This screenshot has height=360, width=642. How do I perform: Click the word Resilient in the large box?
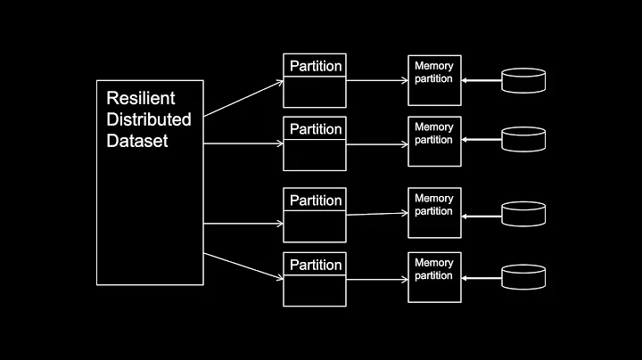tap(140, 98)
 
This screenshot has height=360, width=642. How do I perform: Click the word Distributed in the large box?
tap(149, 119)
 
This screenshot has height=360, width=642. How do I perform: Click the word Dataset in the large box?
tap(137, 141)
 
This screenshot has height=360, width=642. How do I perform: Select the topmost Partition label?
tap(316, 66)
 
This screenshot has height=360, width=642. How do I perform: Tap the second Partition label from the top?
tap(316, 129)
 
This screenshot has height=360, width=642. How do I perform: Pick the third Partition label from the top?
tap(316, 200)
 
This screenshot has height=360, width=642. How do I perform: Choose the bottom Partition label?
tap(316, 265)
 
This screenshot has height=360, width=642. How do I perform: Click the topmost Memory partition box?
tap(434, 72)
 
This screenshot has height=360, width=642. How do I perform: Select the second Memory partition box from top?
tap(434, 134)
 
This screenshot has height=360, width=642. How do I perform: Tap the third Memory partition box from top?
tap(434, 205)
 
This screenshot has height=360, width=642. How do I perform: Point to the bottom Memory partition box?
tap(434, 269)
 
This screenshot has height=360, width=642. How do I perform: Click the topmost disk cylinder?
tap(523, 81)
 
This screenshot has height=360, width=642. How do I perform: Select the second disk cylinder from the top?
tap(523, 140)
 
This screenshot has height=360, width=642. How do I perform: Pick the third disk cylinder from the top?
tap(523, 214)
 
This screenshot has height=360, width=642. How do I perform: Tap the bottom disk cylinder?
tap(523, 276)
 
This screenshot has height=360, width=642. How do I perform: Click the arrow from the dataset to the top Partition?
tap(243, 99)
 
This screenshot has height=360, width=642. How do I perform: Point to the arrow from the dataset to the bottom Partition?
tap(243, 269)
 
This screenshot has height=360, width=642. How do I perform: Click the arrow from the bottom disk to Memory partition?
tap(481, 277)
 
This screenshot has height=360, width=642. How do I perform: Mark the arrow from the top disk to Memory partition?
tap(481, 81)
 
